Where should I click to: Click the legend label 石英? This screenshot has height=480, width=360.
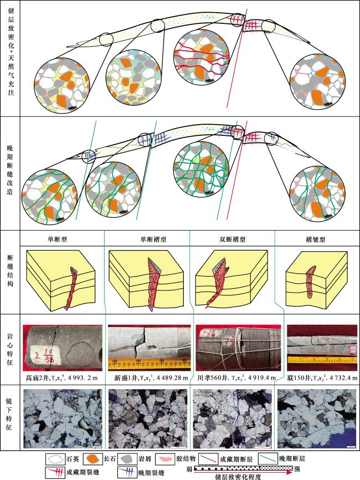point(73,459)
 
